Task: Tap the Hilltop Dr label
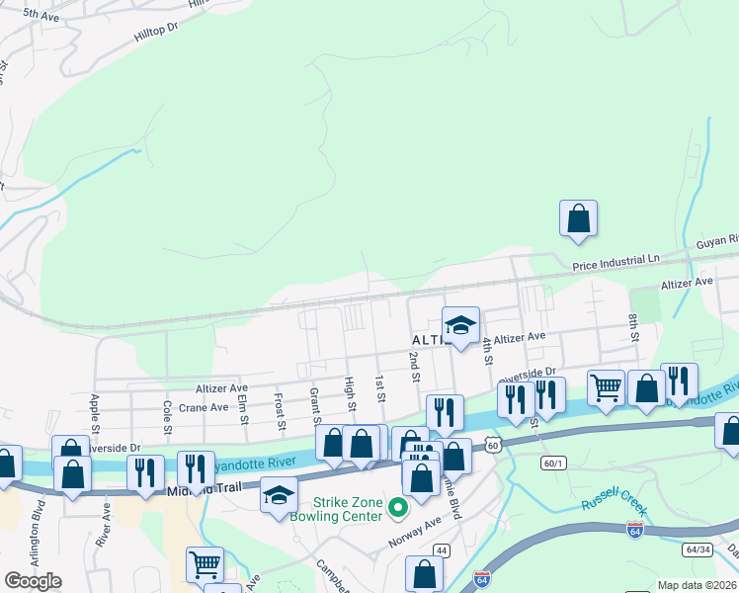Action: click(160, 32)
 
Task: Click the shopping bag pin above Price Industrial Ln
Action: click(578, 218)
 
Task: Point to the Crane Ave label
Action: click(205, 407)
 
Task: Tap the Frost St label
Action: click(280, 413)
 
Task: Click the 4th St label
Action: click(487, 351)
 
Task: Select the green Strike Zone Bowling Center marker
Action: click(398, 508)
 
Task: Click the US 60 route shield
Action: click(492, 446)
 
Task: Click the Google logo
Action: click(34, 581)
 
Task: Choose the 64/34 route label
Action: click(697, 549)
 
